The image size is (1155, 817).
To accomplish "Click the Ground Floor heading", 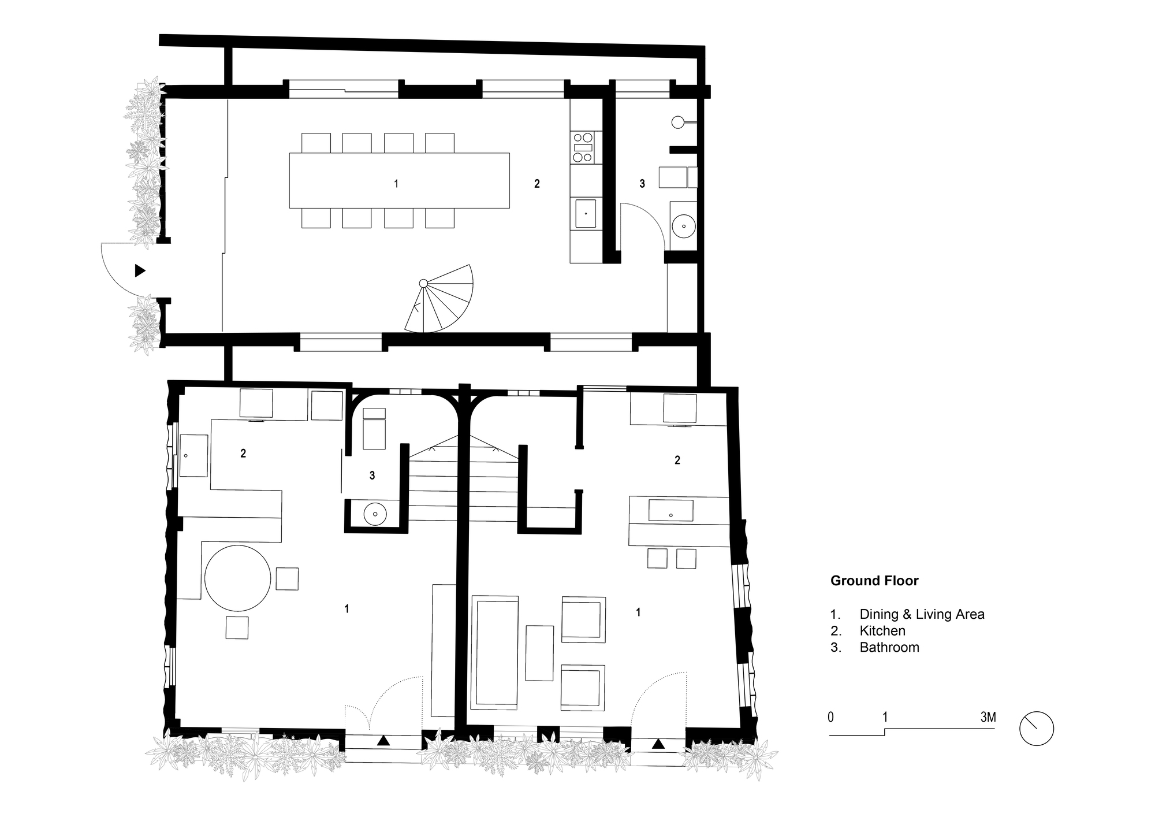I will coord(874,581).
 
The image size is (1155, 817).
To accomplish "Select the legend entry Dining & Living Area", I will coord(921,614).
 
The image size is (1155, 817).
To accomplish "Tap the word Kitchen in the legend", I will coord(882,631).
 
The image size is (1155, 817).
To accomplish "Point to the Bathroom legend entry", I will coord(889,647).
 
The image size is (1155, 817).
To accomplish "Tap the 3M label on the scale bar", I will coord(988,718).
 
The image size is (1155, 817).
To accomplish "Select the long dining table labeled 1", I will coord(398,180).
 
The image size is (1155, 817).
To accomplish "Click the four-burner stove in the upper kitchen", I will coord(583,147).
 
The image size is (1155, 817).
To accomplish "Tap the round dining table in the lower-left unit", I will coord(237,578).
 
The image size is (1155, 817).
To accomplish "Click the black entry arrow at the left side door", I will coord(140,270).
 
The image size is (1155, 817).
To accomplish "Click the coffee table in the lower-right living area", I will coord(539,653).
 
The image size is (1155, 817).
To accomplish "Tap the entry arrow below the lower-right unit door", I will coord(658,744).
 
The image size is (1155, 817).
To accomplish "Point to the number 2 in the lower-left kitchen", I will coord(243,454).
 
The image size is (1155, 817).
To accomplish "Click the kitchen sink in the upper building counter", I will coord(586,214).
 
